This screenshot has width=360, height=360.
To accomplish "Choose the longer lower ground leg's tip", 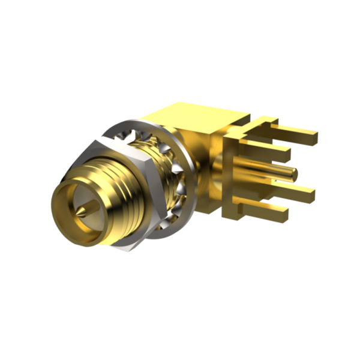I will click(x=311, y=193).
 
